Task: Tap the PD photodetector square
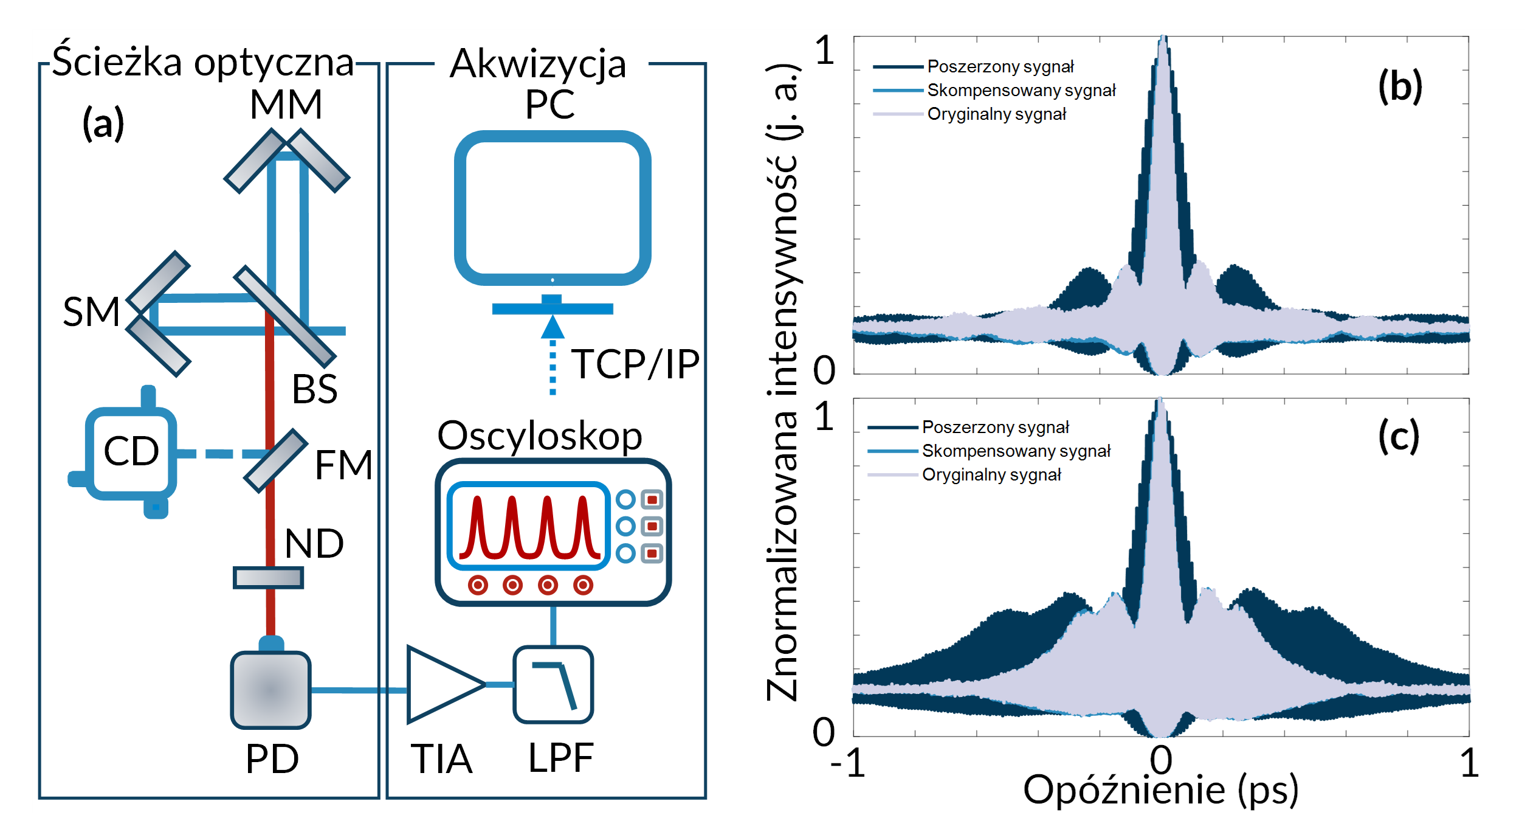[x=270, y=690]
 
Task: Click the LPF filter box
[x=553, y=685]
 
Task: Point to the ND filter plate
[x=268, y=577]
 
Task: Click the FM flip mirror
[x=275, y=460]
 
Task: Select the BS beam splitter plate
[x=284, y=316]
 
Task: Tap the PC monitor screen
[x=553, y=208]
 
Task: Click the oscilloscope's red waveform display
[x=528, y=526]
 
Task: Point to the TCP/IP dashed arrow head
[x=553, y=327]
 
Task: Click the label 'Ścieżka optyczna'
[x=203, y=62]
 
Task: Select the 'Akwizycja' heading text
[x=538, y=63]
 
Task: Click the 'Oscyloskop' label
[x=540, y=436]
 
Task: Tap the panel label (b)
[x=1400, y=86]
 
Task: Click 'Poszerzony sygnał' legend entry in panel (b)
[x=1000, y=66]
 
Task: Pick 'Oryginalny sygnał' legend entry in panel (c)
[x=991, y=474]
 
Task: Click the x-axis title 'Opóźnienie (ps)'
[x=1160, y=790]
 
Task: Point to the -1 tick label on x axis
[x=848, y=763]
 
